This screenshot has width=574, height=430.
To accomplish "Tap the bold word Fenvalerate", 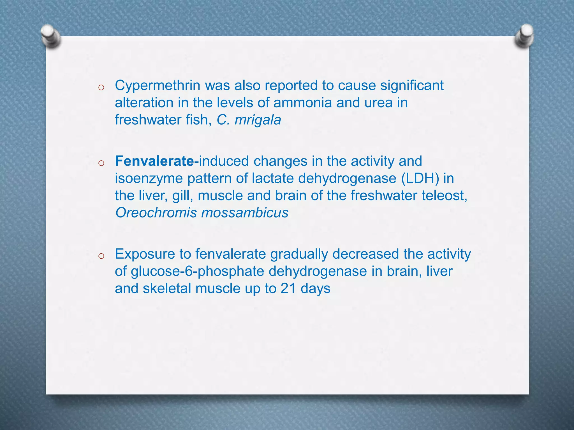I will (154, 161).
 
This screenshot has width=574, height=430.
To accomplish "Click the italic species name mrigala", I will (258, 120).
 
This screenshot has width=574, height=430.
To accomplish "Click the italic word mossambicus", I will (245, 213).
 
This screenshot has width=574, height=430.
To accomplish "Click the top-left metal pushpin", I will (50, 36).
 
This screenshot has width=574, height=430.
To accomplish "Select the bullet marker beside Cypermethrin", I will (101, 88).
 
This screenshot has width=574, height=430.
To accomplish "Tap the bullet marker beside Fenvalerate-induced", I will (101, 163).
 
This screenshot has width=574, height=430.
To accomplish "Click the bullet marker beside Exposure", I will (101, 256).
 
